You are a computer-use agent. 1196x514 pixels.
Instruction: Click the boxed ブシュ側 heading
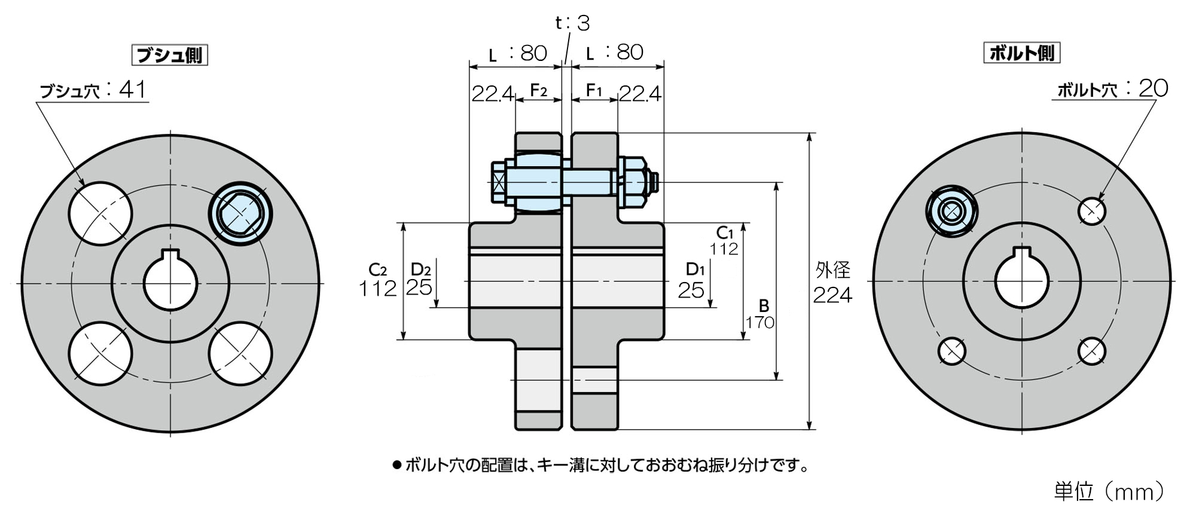point(169,55)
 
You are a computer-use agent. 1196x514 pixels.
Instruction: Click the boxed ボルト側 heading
point(1022,53)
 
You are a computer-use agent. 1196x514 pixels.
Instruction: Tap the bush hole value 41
point(133,90)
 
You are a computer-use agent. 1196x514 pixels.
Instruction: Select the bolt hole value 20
point(1154,88)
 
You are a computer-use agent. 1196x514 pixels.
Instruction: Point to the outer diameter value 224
point(832,295)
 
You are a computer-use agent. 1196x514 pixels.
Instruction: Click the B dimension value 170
point(760,323)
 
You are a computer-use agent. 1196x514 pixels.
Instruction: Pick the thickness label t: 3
point(572,23)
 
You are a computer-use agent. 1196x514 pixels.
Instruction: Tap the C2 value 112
point(378,289)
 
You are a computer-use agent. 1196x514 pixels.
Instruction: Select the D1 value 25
point(691,290)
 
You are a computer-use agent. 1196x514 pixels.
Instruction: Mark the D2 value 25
point(419,287)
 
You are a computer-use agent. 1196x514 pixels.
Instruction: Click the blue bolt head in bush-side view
point(240,213)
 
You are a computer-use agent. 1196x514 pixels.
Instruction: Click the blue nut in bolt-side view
point(951,211)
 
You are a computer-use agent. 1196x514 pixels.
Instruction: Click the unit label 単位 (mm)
point(1110,491)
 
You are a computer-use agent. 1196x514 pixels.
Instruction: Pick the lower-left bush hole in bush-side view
point(100,353)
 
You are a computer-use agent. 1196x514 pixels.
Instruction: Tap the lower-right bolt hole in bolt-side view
point(1092,351)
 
